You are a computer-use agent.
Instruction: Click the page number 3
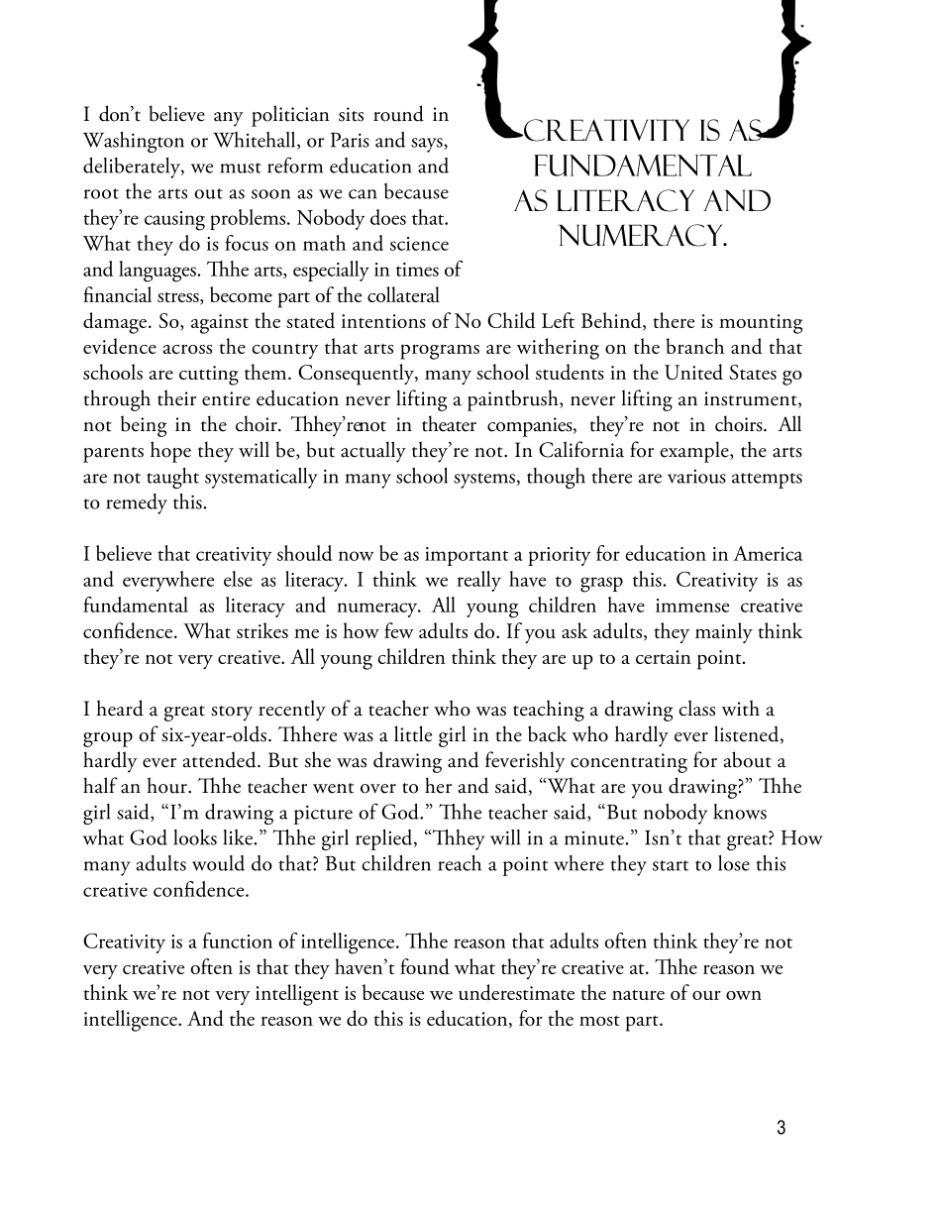(x=781, y=1128)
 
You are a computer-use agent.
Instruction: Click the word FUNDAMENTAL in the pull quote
(x=643, y=166)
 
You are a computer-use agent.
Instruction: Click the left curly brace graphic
(x=487, y=69)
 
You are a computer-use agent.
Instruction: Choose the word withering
(x=554, y=348)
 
